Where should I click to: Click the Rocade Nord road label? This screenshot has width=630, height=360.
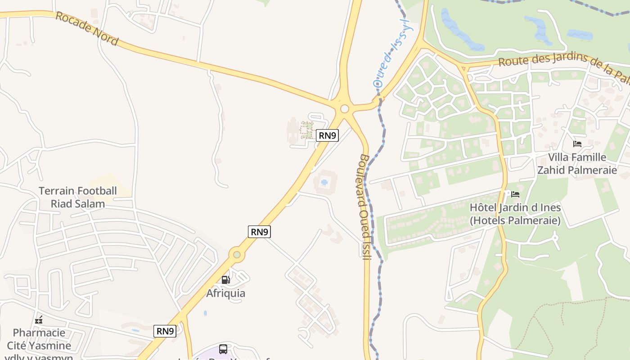click(x=87, y=29)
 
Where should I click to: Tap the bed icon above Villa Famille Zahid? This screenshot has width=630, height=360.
click(x=577, y=144)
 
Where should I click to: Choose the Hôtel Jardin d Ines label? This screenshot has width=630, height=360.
click(x=515, y=214)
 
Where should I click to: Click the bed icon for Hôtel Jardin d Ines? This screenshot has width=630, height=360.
click(x=515, y=194)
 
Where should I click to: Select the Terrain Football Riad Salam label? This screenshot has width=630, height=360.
click(x=77, y=197)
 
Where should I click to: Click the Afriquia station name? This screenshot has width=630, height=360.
click(x=226, y=293)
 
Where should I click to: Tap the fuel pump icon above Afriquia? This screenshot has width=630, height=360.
click(x=226, y=279)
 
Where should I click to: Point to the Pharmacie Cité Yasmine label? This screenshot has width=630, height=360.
click(x=42, y=339)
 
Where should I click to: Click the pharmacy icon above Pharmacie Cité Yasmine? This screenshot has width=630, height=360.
click(x=39, y=320)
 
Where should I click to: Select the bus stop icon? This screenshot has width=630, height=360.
click(x=223, y=349)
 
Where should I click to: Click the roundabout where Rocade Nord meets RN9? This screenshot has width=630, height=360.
click(x=345, y=109)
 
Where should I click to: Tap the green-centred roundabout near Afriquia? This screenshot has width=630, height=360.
click(x=237, y=255)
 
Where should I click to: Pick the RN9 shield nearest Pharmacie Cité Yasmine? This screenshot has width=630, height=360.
click(x=165, y=331)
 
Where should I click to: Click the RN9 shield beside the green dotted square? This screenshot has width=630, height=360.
click(x=327, y=135)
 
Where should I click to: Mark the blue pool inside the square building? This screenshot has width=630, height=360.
click(x=324, y=183)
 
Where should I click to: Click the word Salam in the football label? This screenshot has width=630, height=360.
click(x=90, y=203)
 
